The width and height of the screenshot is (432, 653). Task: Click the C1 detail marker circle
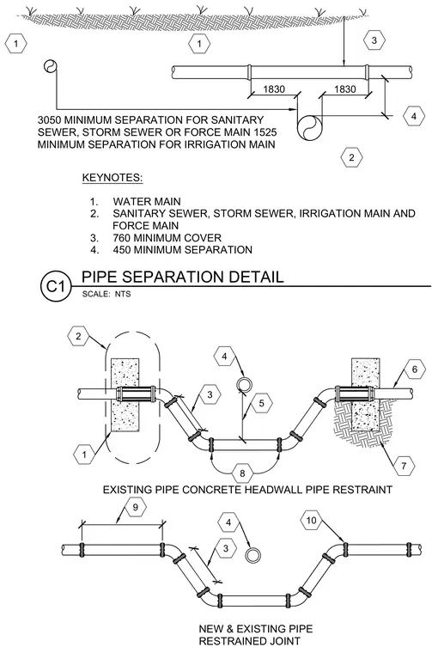[56, 287]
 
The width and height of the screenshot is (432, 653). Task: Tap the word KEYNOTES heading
[113, 178]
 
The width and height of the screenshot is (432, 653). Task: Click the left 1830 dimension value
[274, 89]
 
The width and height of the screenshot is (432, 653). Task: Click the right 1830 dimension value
[345, 89]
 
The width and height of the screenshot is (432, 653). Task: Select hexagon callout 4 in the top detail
[414, 116]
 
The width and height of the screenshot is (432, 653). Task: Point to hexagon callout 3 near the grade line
[374, 40]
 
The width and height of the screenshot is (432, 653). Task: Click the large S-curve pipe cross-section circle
[310, 127]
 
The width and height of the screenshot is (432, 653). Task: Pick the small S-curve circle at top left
[50, 66]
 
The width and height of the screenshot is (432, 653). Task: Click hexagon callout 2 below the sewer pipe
[351, 157]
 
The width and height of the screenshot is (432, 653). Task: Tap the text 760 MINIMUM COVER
[167, 238]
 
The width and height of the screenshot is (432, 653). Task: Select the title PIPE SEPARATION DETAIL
[182, 277]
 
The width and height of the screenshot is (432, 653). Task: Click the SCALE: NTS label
[106, 294]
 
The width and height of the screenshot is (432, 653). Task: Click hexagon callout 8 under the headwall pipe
[243, 473]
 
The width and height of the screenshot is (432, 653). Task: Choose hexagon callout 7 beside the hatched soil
[404, 466]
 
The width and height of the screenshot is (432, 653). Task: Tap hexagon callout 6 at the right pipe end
[415, 369]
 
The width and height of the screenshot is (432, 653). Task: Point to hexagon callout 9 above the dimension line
[135, 507]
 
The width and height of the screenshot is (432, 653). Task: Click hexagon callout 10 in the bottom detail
[311, 520]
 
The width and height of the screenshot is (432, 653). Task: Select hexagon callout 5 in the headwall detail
[262, 403]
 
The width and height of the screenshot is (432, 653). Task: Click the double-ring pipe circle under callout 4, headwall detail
[243, 384]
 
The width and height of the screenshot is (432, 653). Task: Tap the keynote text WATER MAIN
[147, 202]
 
